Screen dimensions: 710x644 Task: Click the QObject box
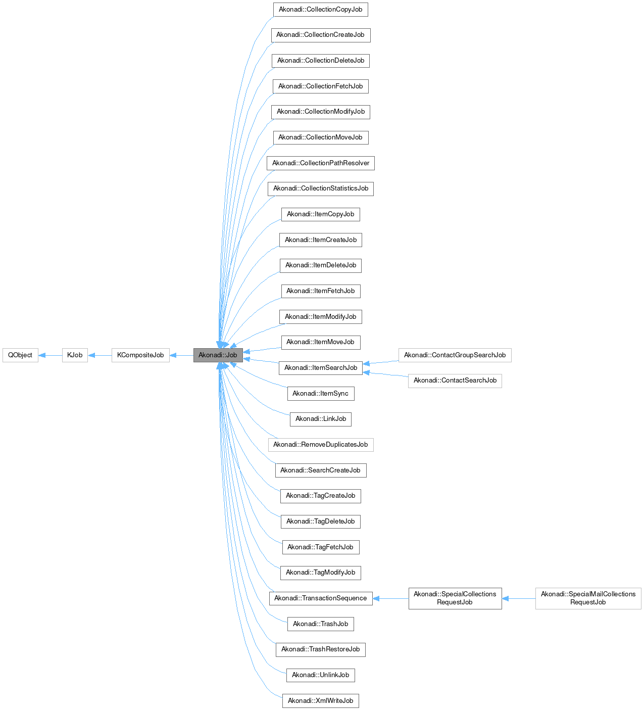click(20, 355)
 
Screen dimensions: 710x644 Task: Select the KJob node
click(75, 355)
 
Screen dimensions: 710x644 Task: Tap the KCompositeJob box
click(140, 355)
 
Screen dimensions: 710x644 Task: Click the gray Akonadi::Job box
click(218, 355)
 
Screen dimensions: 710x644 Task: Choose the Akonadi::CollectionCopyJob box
click(320, 10)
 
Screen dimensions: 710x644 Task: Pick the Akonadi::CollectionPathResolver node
click(320, 163)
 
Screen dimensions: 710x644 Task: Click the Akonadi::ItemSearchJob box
click(320, 368)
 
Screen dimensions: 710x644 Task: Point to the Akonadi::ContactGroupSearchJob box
click(455, 355)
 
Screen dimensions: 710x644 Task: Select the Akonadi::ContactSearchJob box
click(455, 381)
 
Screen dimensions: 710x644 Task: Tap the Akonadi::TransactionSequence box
click(320, 598)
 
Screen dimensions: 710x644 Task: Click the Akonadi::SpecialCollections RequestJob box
click(455, 598)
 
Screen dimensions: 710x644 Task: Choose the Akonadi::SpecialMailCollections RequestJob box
click(588, 598)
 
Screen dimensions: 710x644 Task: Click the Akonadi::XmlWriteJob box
click(320, 701)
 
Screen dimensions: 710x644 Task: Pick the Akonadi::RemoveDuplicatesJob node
click(320, 445)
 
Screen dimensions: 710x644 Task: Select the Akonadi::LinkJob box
click(320, 419)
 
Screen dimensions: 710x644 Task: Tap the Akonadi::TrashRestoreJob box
click(320, 649)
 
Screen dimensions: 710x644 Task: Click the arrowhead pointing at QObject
click(42, 355)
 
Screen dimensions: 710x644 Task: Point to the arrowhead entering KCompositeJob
click(173, 355)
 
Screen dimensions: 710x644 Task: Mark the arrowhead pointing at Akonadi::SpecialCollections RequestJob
click(506, 598)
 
